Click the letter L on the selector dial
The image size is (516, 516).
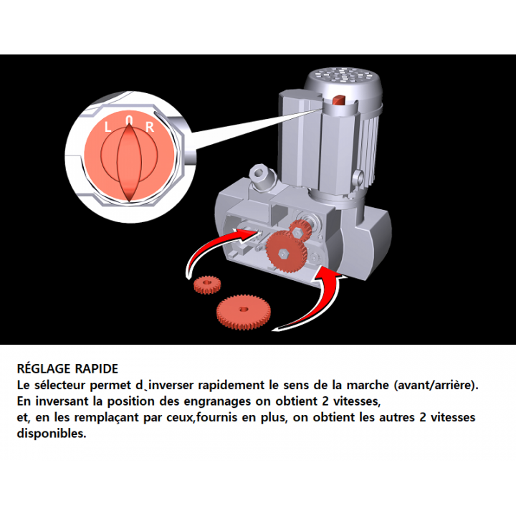[107, 127]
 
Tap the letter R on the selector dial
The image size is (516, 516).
[150, 127]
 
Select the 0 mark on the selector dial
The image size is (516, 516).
[129, 120]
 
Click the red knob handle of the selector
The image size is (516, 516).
[129, 162]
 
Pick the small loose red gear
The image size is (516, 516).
[207, 285]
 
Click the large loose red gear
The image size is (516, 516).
[244, 311]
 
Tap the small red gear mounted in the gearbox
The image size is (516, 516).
[300, 229]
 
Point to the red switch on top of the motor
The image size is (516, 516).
[339, 100]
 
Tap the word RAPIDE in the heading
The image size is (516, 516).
[97, 369]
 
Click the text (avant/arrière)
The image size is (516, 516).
[436, 386]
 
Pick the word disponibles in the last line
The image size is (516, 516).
[52, 434]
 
